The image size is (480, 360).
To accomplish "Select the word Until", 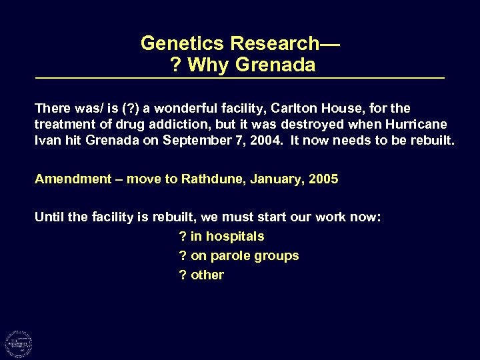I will [x=49, y=217].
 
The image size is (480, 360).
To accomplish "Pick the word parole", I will [x=233, y=256].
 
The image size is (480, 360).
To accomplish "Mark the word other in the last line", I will [x=207, y=275].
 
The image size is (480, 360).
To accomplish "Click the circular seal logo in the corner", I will [x=19, y=343].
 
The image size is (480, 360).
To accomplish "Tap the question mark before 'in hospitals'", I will [x=183, y=237].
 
